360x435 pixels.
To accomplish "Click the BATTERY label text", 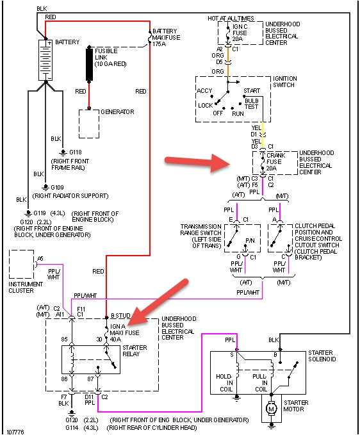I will pos(67,42).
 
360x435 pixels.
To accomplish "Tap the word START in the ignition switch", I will pos(252,91).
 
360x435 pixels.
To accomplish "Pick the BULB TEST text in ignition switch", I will pos(252,104).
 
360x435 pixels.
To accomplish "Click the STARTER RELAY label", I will pos(134,350).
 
